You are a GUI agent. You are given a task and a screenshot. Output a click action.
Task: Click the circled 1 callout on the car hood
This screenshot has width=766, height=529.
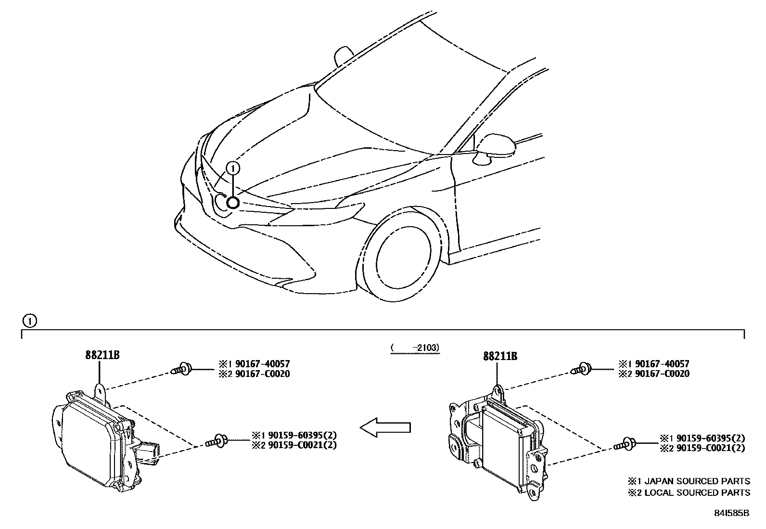click(x=233, y=168)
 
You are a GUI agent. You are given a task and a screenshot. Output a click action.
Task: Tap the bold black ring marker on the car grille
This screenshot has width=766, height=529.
click(x=233, y=203)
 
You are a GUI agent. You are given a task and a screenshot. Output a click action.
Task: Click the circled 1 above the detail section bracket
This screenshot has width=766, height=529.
click(x=30, y=321)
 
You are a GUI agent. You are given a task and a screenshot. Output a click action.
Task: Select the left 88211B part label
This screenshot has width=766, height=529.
click(x=102, y=355)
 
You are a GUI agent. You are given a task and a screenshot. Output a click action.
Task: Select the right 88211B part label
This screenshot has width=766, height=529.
click(x=500, y=356)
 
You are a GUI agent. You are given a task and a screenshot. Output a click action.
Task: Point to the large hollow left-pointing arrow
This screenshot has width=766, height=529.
click(x=385, y=427)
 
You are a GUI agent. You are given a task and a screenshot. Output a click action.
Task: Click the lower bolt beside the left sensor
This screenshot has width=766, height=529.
click(x=217, y=441)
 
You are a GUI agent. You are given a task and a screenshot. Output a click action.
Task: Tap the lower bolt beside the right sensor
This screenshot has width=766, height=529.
click(x=625, y=444)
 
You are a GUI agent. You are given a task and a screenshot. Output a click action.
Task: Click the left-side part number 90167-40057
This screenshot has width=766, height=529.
click(x=263, y=364)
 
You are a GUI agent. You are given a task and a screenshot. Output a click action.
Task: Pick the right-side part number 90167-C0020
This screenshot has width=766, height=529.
click(x=663, y=374)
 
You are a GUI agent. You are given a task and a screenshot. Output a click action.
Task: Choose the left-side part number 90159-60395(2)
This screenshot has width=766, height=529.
click(x=303, y=435)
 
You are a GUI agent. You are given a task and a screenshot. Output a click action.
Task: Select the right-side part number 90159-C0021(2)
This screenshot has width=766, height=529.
click(x=711, y=448)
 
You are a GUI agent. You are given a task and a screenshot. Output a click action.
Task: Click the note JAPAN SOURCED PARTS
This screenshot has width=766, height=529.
click(x=697, y=481)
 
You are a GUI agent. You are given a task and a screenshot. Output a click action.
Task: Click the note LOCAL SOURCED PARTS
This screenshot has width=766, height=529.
click(x=697, y=492)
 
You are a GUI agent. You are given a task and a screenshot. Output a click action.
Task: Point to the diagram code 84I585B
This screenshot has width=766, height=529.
click(x=732, y=513)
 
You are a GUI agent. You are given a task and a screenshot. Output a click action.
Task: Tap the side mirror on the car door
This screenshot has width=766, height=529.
click(x=495, y=148)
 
